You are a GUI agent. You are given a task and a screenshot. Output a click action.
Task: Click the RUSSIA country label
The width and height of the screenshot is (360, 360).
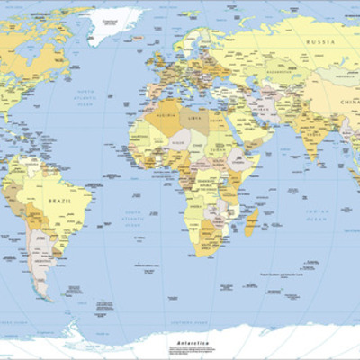pyautogui.click(x=320, y=42)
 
